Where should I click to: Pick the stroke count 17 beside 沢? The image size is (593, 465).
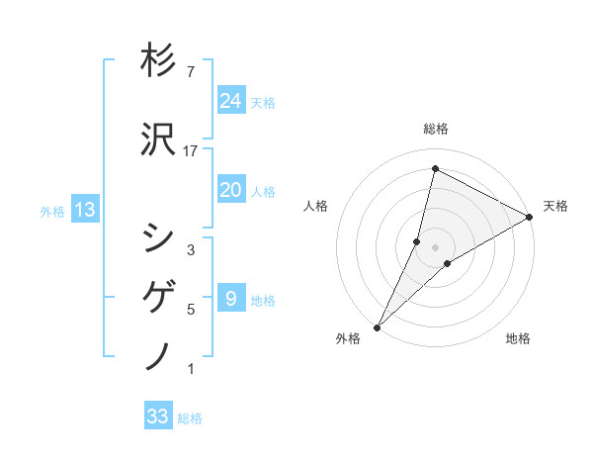click(191, 151)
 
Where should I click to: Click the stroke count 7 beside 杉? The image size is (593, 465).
click(190, 72)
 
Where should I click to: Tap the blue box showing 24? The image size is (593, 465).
click(230, 100)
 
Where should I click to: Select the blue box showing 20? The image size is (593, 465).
click(230, 190)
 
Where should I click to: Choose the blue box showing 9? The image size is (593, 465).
click(230, 299)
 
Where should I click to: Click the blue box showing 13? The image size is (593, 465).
click(84, 209)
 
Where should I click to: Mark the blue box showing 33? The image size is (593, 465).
click(157, 417)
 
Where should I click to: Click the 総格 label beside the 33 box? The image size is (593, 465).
click(190, 418)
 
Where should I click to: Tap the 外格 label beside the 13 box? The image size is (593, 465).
click(52, 211)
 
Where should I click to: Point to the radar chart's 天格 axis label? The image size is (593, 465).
click(555, 206)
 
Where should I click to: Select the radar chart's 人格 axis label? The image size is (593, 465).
click(315, 206)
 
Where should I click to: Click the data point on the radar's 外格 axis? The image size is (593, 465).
click(377, 326)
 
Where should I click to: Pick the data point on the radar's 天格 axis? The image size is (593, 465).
click(530, 217)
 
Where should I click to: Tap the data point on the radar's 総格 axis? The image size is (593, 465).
click(435, 169)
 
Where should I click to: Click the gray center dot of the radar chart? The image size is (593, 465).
click(435, 247)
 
